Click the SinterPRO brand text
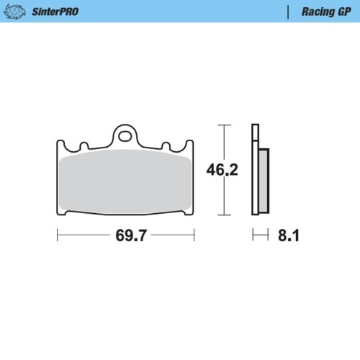point(55,12)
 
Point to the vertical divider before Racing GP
point(288,12)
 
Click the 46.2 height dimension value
point(222,170)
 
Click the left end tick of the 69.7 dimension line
point(58,235)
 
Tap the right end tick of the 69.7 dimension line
point(194,235)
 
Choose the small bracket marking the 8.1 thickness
point(260,235)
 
